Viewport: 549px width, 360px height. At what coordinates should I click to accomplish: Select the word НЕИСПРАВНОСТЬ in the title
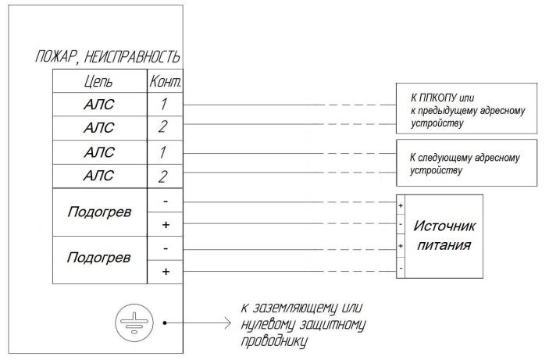click(132, 57)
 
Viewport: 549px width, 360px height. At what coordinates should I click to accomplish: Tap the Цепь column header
click(98, 82)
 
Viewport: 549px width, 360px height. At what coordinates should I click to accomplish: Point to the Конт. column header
click(166, 81)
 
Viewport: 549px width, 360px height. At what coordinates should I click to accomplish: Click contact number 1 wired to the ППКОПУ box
click(163, 104)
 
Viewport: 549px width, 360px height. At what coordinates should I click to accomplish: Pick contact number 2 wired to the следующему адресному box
click(162, 176)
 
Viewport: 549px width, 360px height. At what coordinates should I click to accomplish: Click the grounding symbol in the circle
click(134, 323)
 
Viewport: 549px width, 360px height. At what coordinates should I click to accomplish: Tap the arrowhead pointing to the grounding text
click(227, 323)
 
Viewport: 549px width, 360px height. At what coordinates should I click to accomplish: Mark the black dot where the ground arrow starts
click(165, 323)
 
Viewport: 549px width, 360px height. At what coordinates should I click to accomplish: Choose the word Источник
click(444, 226)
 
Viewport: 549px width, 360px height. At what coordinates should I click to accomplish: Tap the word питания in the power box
click(444, 245)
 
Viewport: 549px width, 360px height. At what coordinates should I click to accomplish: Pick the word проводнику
click(275, 341)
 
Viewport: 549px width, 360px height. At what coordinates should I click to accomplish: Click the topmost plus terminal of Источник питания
click(401, 205)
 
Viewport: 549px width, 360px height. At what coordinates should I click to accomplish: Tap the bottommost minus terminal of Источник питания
click(401, 269)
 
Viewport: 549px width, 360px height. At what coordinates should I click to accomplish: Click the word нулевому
click(268, 325)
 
